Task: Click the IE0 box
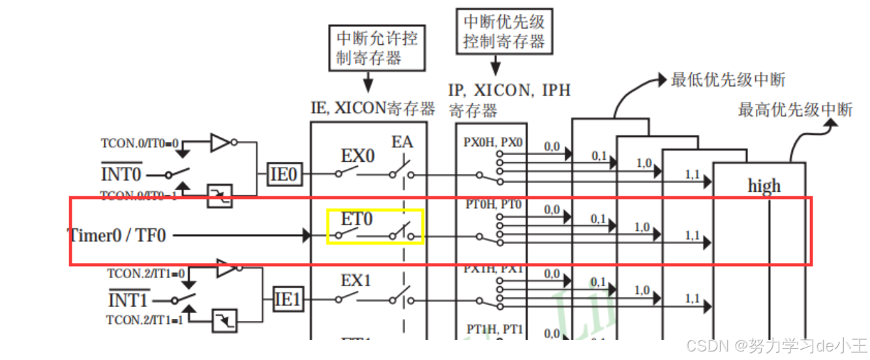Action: click(x=284, y=174)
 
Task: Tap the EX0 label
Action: click(x=357, y=157)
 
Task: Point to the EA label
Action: click(x=402, y=142)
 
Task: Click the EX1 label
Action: click(x=356, y=281)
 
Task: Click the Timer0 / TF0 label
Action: click(x=117, y=235)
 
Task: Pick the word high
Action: click(x=764, y=186)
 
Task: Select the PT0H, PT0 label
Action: click(x=494, y=205)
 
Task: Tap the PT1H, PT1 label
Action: click(x=494, y=331)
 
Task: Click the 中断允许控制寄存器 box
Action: click(x=377, y=48)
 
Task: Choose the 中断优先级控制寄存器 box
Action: click(x=503, y=31)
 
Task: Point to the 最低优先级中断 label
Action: click(x=728, y=80)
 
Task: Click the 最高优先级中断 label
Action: click(x=795, y=110)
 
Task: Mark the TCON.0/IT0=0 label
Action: click(x=140, y=141)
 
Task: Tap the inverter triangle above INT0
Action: click(x=220, y=143)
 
